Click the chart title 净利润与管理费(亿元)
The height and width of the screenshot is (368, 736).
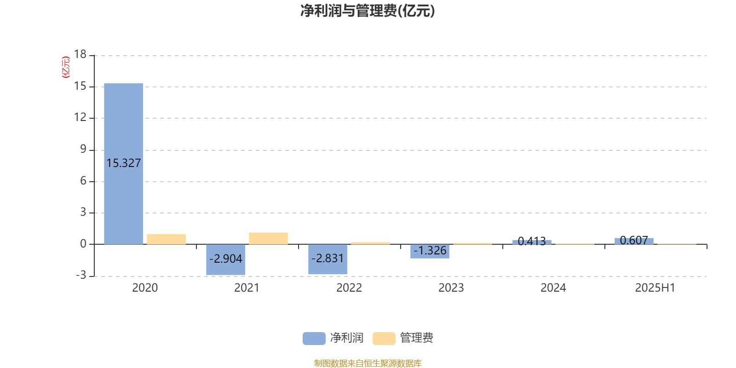368,11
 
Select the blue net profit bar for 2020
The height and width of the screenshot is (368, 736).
124,164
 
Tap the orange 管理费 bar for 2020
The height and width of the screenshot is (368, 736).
166,239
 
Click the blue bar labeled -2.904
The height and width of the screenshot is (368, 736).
226,259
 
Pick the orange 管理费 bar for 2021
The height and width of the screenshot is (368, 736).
269,239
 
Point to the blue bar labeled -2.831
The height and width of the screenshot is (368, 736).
328,259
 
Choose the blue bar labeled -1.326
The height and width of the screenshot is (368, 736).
430,251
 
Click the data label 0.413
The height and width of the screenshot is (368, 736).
532,241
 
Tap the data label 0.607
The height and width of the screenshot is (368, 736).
634,241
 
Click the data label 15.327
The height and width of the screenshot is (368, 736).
124,163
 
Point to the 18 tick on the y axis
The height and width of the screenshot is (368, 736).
80,54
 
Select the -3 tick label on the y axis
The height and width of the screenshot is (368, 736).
81,275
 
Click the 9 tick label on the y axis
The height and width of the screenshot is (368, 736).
83,149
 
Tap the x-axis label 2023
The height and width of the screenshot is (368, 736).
451,288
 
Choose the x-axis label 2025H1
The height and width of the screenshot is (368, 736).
655,288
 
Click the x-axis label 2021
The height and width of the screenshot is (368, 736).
247,288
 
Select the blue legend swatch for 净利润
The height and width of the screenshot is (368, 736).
314,339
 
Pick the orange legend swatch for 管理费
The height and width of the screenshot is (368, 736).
384,339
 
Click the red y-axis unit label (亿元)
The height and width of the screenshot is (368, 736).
66,67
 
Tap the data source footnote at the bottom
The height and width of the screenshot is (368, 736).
368,363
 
